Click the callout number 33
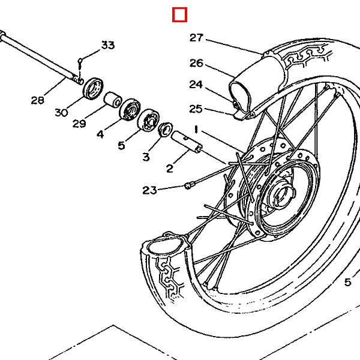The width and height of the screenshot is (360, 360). (108, 45)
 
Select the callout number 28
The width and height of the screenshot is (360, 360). (38, 100)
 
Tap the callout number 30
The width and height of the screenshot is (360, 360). (61, 113)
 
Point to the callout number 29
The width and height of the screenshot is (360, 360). (79, 124)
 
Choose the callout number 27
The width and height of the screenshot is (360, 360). (197, 38)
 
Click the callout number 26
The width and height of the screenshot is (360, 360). (197, 63)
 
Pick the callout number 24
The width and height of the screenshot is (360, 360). (196, 85)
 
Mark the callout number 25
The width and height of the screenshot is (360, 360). (196, 109)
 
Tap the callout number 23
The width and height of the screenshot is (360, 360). (149, 190)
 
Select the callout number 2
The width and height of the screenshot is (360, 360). (170, 169)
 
